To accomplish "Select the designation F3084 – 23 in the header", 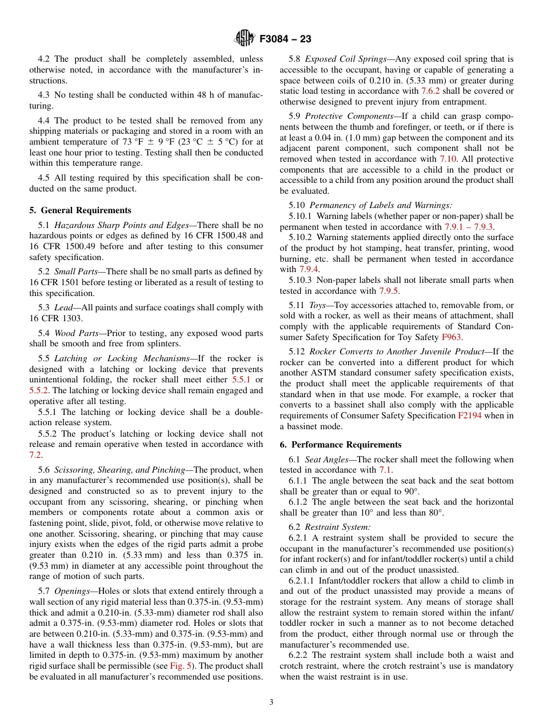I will click(x=285, y=39).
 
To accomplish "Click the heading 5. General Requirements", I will click(x=80, y=210).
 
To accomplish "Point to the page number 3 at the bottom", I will click(x=271, y=702).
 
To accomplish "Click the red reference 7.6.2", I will click(x=430, y=91).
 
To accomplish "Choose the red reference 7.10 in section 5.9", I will click(x=448, y=159).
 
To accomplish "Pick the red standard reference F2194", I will click(x=469, y=416).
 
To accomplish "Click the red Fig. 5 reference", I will click(x=179, y=666).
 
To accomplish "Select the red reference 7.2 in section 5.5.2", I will click(x=35, y=455).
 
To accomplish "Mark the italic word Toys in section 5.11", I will click(x=319, y=305).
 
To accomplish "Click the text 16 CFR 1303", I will click(x=56, y=318).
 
